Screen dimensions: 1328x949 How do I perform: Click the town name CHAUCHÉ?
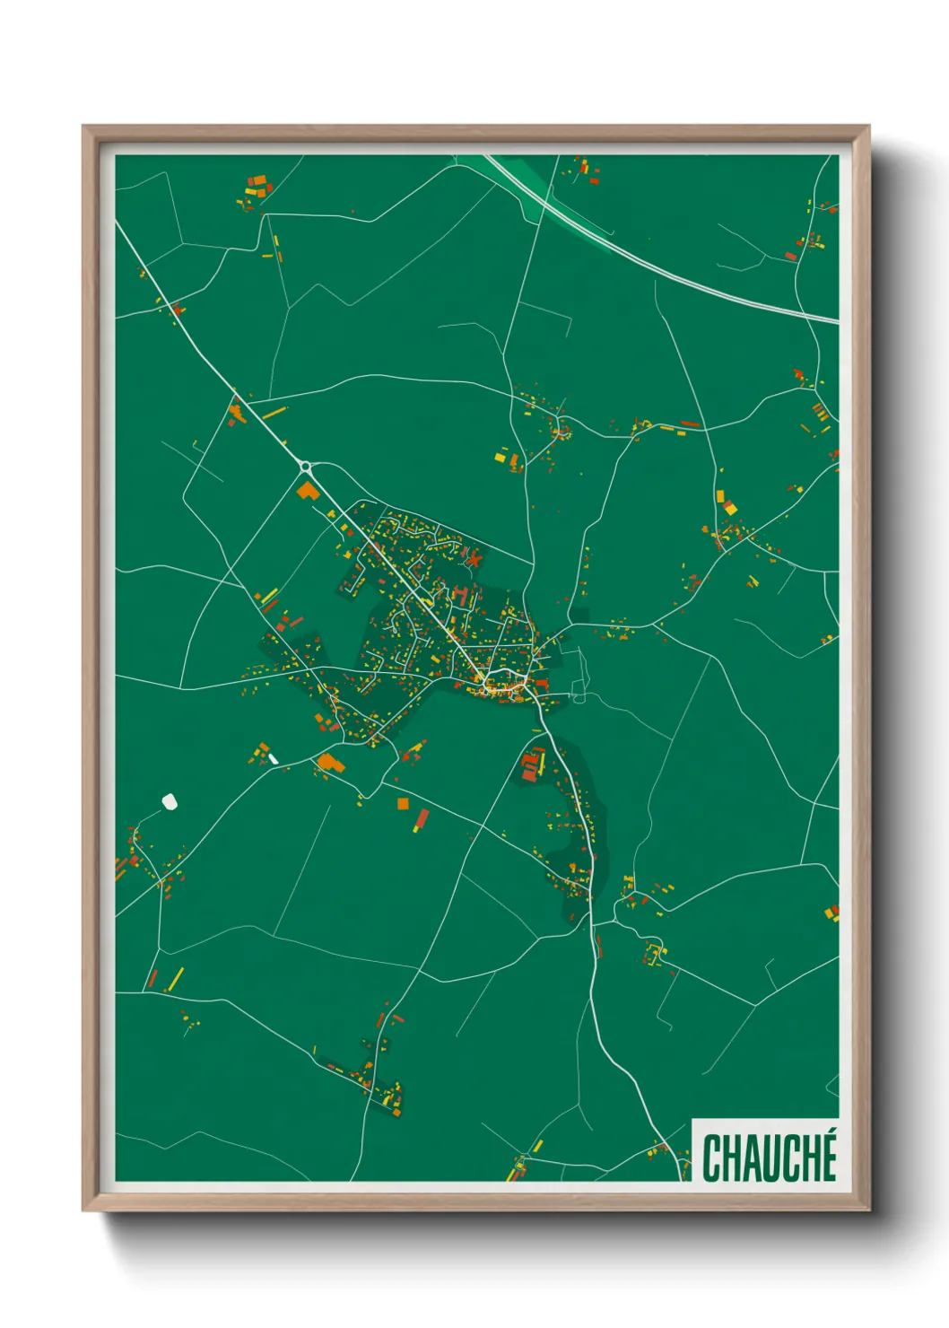coord(770,1158)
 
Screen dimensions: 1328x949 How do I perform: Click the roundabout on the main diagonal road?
coord(305,466)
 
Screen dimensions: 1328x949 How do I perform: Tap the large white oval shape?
coord(169,800)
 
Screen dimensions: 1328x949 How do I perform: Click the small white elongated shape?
coord(273,759)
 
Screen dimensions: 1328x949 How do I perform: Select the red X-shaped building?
coord(474,558)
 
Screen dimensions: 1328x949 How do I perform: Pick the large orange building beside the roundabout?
coord(309,491)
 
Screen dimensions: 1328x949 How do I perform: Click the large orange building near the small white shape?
coord(329,764)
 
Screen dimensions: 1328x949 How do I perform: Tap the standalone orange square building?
coord(403,803)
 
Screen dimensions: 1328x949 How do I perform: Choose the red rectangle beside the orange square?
coord(422,818)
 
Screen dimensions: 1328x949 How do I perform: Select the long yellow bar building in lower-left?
coord(177,978)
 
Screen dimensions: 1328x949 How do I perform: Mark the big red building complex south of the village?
coord(531,764)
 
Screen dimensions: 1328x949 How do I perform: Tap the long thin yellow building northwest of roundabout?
coord(274,412)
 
